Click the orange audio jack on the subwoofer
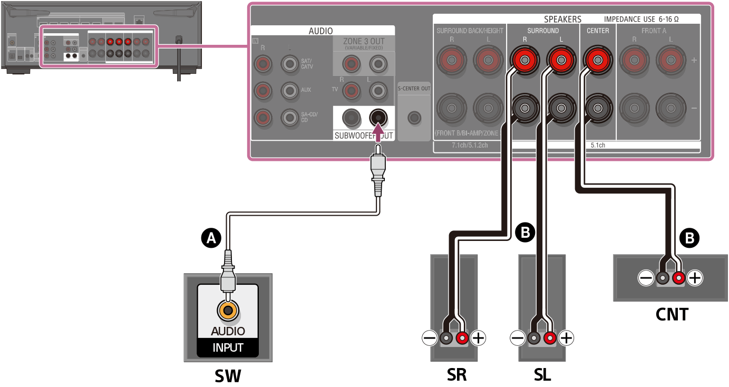(x=228, y=311)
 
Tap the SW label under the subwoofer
(x=228, y=375)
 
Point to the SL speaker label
(x=542, y=375)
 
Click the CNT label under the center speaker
(x=672, y=314)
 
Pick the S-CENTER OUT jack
(x=414, y=117)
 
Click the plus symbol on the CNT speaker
(x=695, y=278)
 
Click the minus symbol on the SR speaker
(x=430, y=337)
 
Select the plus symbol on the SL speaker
(x=566, y=337)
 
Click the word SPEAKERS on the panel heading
(x=562, y=19)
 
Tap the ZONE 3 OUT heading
(x=364, y=41)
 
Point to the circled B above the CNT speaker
(x=689, y=238)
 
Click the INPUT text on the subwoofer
(x=228, y=347)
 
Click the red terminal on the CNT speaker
(x=678, y=278)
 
